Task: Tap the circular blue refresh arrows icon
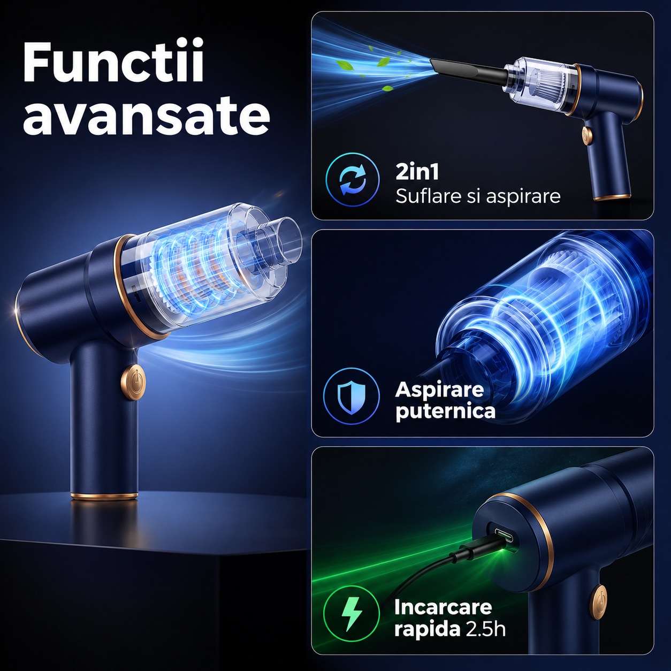click(x=352, y=180)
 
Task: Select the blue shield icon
click(x=352, y=396)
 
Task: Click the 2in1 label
click(x=417, y=172)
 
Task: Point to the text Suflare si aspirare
click(x=478, y=196)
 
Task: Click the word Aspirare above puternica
click(x=439, y=390)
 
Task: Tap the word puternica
click(x=445, y=411)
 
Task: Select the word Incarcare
click(x=443, y=607)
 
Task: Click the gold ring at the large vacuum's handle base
click(x=104, y=496)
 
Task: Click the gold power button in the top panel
click(x=587, y=135)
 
